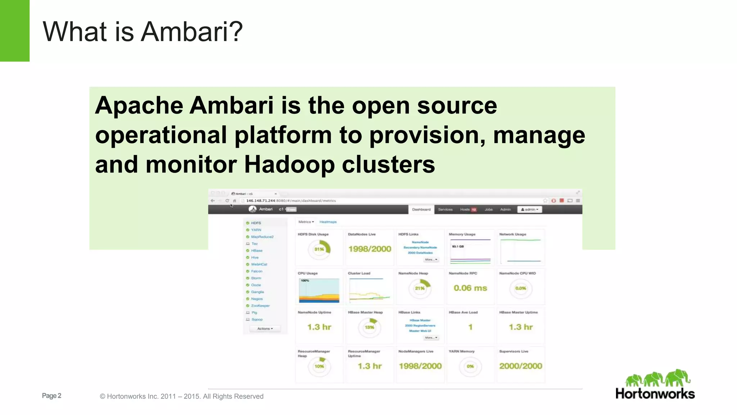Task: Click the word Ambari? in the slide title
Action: (191, 32)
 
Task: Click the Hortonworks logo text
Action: (655, 394)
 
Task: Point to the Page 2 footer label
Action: (51, 396)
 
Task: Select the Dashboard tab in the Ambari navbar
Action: (421, 209)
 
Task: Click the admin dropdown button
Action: (529, 209)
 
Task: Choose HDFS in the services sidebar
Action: (256, 223)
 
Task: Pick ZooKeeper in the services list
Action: (260, 305)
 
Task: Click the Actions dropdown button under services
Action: (265, 329)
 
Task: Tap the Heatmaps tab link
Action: (328, 222)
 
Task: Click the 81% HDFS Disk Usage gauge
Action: (319, 249)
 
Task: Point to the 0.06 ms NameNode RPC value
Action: (470, 288)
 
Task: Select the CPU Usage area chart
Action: (319, 290)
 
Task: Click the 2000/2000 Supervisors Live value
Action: (520, 366)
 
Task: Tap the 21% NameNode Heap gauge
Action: (420, 288)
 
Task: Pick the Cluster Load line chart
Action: (370, 290)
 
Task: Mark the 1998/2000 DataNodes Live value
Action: (370, 249)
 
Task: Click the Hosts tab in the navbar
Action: (465, 209)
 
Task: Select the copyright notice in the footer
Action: (181, 396)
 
